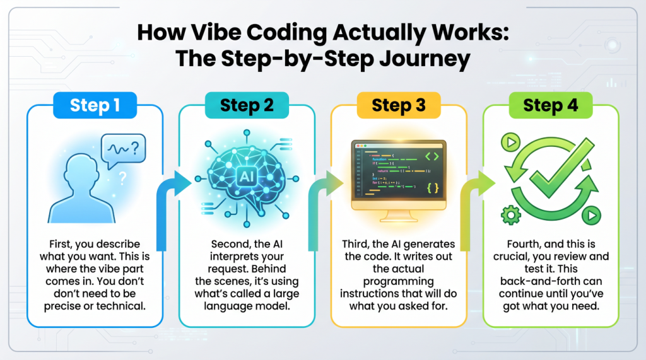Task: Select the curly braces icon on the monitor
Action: [x=433, y=188]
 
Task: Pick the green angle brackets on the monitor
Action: [x=433, y=155]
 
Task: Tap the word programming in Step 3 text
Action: [x=399, y=282]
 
